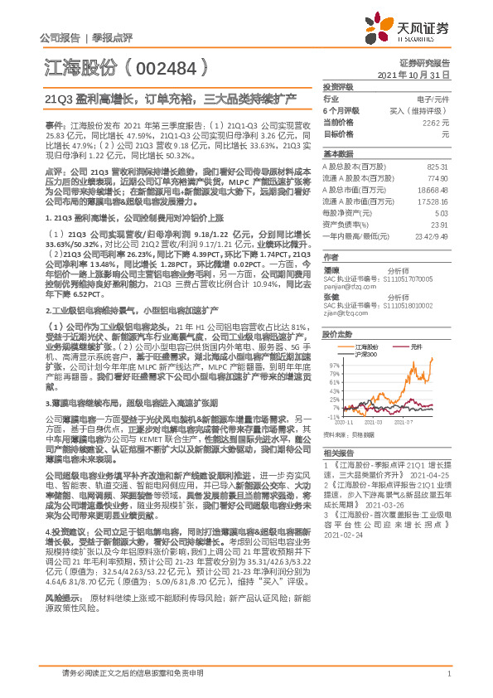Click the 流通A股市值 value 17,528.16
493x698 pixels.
432,201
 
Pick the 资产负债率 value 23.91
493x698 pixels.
438,225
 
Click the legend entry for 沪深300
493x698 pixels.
365,353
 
